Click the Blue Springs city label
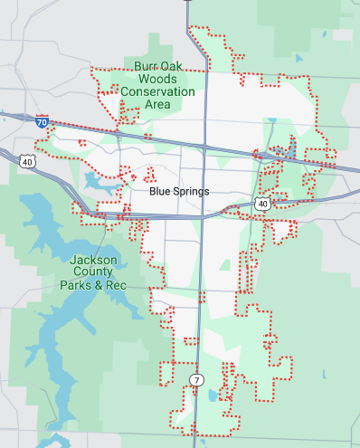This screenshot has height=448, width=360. [179, 192]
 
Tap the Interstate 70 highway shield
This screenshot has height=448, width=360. [43, 119]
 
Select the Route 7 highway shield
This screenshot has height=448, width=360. [195, 377]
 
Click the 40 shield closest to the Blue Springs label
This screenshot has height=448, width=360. [262, 205]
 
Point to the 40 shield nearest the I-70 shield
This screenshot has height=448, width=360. [28, 161]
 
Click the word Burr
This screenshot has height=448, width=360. [147, 66]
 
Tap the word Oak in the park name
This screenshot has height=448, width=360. [172, 66]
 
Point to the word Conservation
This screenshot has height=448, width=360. [156, 91]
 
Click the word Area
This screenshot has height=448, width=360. [157, 104]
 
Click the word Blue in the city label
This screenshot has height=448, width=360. [159, 192]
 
